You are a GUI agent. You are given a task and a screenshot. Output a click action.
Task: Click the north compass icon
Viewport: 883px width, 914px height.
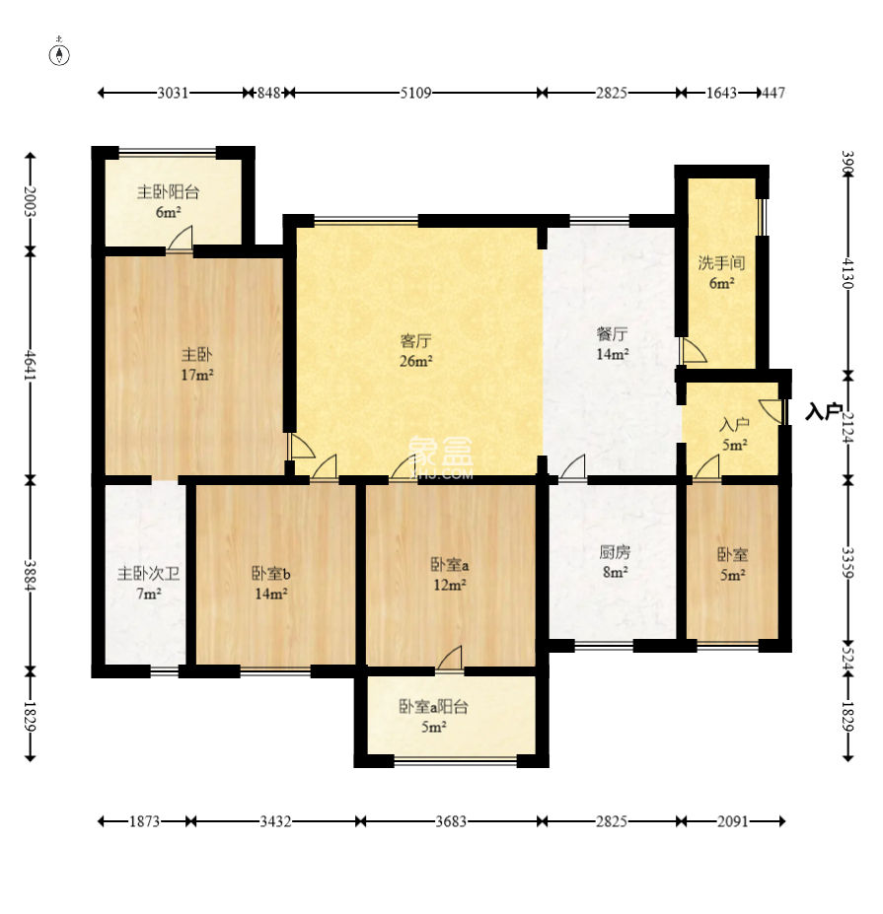click(x=59, y=52)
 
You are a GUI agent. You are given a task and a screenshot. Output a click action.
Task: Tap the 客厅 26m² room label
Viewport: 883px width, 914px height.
click(x=415, y=350)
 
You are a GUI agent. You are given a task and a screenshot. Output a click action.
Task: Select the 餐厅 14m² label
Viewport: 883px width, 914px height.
click(x=612, y=344)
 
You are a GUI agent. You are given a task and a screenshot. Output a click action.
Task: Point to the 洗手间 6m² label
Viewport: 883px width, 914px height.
click(x=721, y=273)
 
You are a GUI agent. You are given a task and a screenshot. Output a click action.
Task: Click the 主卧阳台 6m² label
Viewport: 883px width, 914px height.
click(x=168, y=201)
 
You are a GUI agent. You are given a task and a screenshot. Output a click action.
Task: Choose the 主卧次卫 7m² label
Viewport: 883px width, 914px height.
click(x=148, y=584)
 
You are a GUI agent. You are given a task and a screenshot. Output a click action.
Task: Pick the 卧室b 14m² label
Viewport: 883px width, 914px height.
click(x=270, y=584)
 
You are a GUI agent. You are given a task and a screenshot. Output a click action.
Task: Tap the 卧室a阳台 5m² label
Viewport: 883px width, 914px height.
click(x=433, y=717)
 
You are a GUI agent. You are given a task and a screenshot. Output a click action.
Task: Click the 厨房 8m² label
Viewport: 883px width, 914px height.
click(x=615, y=561)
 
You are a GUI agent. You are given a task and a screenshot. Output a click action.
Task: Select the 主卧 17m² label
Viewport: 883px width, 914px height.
click(x=196, y=364)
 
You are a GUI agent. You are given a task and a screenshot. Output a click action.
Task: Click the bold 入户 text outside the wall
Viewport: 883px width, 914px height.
click(x=823, y=412)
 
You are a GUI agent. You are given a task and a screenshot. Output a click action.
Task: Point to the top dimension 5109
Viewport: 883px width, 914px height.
click(x=415, y=93)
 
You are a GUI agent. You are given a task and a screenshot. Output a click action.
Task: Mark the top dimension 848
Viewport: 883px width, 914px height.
click(x=269, y=93)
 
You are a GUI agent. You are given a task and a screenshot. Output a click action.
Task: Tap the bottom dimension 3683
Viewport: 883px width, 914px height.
click(x=451, y=821)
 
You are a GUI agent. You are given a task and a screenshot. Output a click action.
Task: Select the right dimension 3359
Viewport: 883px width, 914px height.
click(x=848, y=563)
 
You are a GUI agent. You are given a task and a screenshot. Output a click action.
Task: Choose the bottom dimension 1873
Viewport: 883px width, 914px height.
click(x=144, y=821)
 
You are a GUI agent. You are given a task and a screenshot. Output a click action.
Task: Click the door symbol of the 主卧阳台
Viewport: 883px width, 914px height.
click(x=180, y=239)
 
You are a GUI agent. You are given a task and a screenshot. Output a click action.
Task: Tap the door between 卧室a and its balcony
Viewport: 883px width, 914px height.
click(x=450, y=660)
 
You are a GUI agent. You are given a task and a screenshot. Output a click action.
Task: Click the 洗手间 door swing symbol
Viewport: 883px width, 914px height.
click(x=694, y=350)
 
